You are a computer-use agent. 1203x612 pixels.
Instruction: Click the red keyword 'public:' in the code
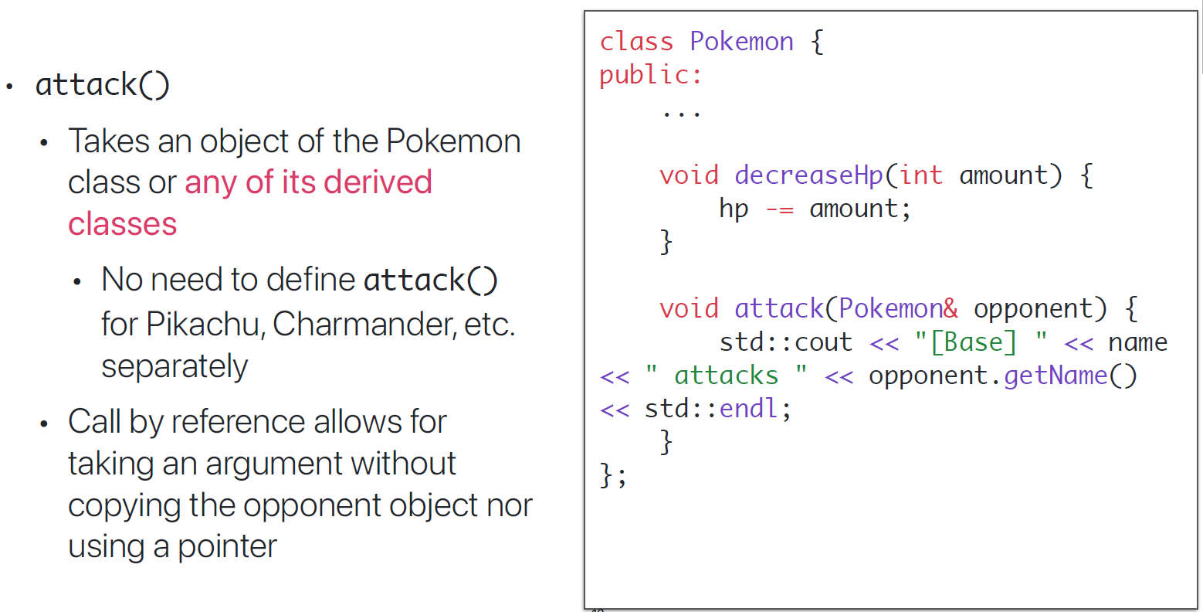point(650,75)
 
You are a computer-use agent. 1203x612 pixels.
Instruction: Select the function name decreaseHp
point(808,175)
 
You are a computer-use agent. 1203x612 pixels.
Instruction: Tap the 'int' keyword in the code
point(920,175)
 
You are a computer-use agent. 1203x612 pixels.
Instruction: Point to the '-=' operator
point(779,209)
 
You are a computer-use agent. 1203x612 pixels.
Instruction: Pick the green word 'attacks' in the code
point(726,376)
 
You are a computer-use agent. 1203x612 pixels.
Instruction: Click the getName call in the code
point(1056,376)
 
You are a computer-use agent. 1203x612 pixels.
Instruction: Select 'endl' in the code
point(749,409)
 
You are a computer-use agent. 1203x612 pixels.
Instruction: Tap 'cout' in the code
point(824,342)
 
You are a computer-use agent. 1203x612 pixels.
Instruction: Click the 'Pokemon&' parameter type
point(899,309)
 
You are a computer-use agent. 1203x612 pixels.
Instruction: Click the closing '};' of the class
point(613,474)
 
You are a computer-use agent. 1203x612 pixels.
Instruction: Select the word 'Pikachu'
point(205,324)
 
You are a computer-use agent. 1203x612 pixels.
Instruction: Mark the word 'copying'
point(124,506)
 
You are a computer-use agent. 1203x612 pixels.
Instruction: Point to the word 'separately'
point(175,366)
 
